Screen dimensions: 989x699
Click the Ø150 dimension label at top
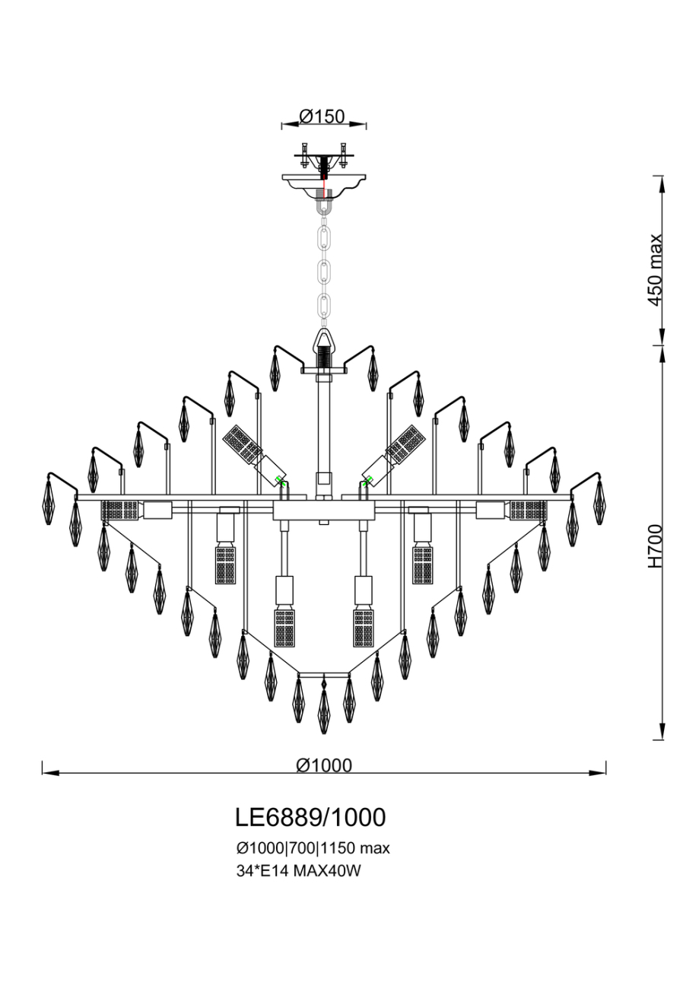click(322, 116)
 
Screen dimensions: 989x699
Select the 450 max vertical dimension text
click(655, 269)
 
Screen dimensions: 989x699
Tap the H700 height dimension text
click(655, 545)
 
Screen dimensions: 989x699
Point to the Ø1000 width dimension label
click(324, 765)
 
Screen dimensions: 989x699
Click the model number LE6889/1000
click(310, 817)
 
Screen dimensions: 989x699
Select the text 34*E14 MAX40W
click(297, 872)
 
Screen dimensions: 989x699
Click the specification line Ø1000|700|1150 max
click(313, 847)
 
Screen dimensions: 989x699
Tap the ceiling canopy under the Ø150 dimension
click(323, 183)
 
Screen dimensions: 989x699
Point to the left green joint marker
click(280, 480)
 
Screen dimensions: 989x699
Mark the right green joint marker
click(367, 480)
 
